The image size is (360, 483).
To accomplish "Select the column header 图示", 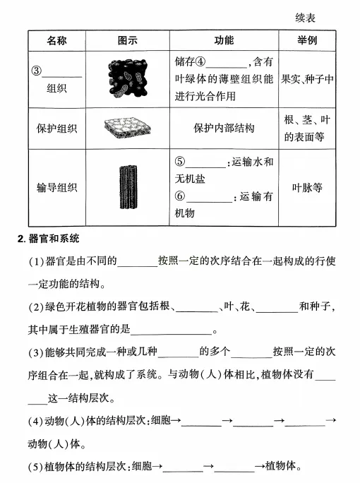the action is (x=128, y=40).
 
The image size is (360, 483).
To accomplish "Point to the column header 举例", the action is (x=307, y=40).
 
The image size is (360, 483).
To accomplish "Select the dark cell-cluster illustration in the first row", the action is (x=128, y=78).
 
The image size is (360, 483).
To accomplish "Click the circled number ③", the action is (x=37, y=71).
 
